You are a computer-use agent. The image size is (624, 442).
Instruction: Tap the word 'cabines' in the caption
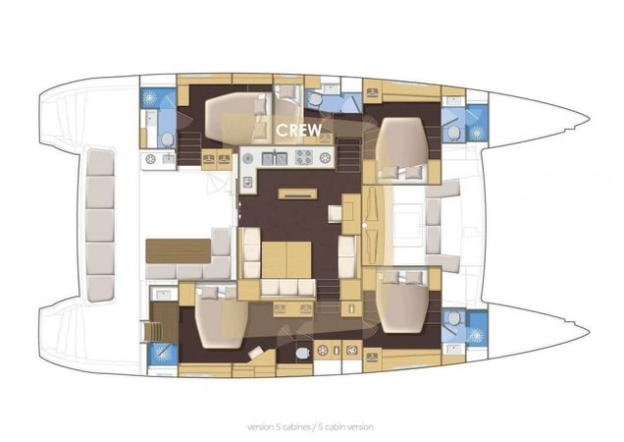pyautogui.click(x=285, y=427)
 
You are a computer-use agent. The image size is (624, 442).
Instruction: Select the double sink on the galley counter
pyautogui.click(x=275, y=157)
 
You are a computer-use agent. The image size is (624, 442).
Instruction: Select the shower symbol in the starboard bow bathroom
pyautogui.click(x=476, y=334)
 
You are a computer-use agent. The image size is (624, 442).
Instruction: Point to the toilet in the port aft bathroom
pyautogui.click(x=166, y=138)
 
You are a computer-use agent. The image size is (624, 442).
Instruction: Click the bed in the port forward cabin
pyautogui.click(x=402, y=142)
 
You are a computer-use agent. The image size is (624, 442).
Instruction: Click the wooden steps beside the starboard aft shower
pyautogui.click(x=153, y=328)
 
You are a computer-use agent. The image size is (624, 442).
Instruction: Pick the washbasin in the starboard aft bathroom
pyautogui.click(x=162, y=294)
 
